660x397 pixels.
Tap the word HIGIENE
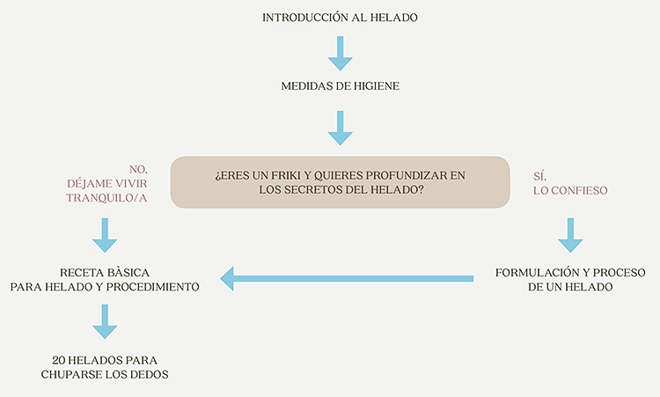point(377,86)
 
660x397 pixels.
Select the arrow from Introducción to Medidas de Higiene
point(340,53)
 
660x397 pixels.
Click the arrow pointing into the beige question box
point(340,128)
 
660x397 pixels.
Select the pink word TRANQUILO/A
point(106,198)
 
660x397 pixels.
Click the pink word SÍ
point(539,176)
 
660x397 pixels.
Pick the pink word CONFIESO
point(579,190)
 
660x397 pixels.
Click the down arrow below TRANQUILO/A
point(105,235)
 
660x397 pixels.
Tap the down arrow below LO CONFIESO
point(570,235)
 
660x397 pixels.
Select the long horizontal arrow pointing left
point(347,279)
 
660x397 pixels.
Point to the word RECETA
point(78,272)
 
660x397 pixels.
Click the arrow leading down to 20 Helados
point(105,321)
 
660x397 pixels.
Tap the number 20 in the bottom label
point(58,360)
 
